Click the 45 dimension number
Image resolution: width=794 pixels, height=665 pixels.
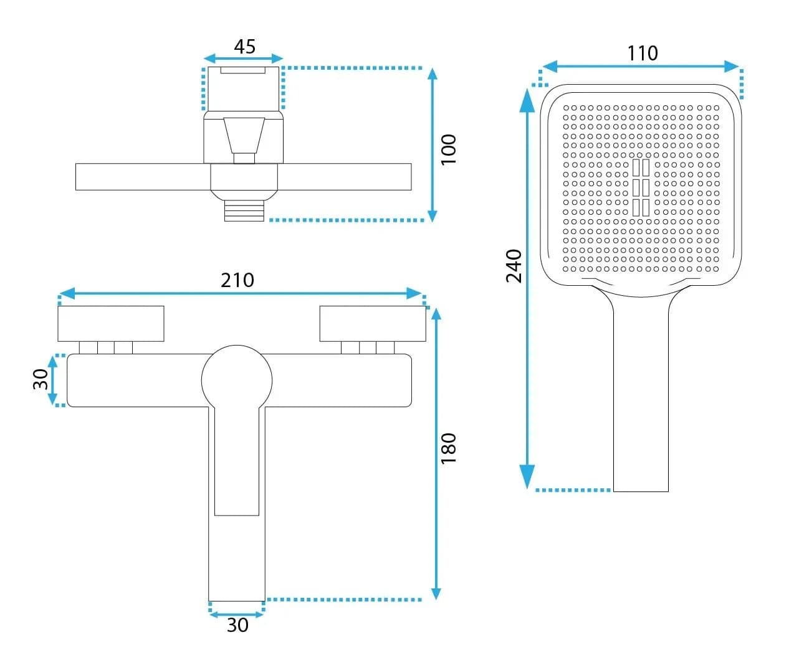[244, 47]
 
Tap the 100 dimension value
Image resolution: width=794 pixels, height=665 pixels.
[448, 149]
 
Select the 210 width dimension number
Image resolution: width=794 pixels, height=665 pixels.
[237, 280]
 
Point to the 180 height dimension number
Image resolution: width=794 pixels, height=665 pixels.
[448, 448]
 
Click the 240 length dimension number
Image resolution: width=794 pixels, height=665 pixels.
[514, 266]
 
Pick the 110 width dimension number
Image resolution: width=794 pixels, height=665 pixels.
[643, 53]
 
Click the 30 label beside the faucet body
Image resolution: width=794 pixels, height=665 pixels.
[41, 379]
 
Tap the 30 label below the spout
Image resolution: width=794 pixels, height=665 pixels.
[237, 625]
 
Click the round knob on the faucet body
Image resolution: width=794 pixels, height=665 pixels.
[237, 380]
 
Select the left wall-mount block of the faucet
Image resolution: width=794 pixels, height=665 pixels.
[111, 323]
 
